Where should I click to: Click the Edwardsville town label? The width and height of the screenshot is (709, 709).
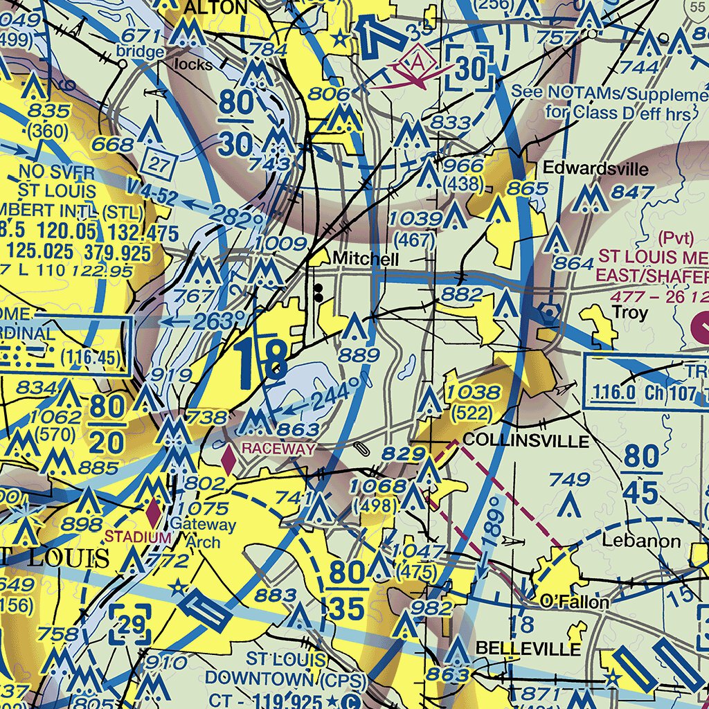595,169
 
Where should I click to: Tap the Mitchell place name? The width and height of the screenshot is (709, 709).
366,259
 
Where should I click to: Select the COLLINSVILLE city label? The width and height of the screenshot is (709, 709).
526,440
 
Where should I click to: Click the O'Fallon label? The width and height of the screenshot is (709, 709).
575,602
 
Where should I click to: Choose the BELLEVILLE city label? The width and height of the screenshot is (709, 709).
528,649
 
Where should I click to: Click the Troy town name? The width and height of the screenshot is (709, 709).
629,312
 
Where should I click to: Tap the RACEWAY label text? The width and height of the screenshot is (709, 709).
278,449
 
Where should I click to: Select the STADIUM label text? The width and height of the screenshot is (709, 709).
138,537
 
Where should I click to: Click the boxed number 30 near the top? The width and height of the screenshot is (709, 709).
470,69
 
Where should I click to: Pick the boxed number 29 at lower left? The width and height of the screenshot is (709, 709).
130,623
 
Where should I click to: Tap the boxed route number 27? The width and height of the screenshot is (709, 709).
158,164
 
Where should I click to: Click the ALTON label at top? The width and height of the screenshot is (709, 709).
218,7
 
